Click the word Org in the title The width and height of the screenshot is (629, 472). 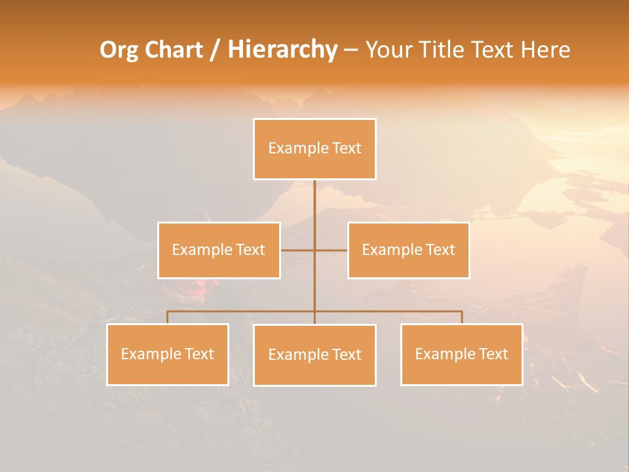pyautogui.click(x=119, y=50)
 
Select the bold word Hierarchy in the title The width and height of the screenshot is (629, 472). pyautogui.click(x=282, y=50)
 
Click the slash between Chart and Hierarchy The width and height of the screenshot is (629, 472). pyautogui.click(x=214, y=50)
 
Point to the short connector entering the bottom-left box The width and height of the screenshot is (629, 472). pyautogui.click(x=168, y=317)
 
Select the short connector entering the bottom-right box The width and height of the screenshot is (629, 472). pyautogui.click(x=462, y=317)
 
